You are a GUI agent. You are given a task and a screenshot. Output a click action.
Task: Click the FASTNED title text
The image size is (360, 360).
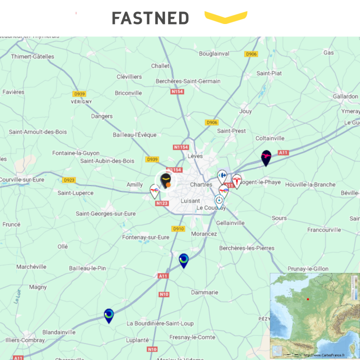point(150,18)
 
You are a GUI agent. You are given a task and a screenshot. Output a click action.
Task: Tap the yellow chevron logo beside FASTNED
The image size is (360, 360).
point(226,17)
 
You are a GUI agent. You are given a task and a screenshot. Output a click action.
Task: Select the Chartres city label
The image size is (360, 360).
point(201,184)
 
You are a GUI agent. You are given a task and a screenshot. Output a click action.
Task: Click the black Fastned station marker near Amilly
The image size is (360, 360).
point(166,181)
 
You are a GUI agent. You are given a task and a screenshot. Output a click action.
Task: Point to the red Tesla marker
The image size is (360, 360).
point(237,180)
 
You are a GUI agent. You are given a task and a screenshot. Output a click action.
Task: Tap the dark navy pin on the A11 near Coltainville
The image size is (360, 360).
point(266,157)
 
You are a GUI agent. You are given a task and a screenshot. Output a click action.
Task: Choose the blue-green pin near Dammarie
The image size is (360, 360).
point(183,260)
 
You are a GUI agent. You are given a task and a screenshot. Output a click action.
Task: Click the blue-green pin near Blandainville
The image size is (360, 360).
point(109,315)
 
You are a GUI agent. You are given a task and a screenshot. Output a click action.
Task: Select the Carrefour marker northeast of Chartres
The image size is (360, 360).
point(222,176)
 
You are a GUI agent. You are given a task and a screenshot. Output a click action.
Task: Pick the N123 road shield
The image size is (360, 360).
point(162,204)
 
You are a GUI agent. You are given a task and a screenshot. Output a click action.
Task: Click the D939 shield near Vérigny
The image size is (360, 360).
point(79,94)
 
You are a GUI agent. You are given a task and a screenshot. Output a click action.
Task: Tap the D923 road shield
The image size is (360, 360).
point(69,180)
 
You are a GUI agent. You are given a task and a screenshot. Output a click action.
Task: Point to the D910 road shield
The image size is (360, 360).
point(178,229)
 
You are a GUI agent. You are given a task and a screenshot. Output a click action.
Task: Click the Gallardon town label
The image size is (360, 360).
point(345,96)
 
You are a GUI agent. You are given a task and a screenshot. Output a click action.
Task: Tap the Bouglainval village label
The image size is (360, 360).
point(214,54)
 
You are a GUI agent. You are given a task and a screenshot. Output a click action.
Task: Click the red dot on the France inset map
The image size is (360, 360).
point(308,299)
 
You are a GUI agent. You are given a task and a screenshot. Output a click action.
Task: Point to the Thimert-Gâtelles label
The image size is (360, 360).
point(33,57)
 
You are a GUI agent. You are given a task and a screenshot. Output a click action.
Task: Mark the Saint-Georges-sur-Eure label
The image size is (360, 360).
point(106,214)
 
